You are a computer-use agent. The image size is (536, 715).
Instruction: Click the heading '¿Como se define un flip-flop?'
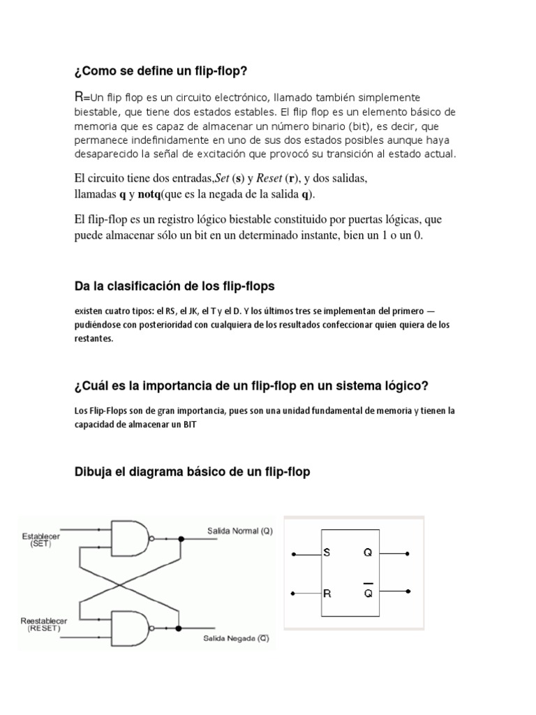tap(161, 71)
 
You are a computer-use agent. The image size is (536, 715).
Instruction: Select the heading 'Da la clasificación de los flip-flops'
tap(174, 286)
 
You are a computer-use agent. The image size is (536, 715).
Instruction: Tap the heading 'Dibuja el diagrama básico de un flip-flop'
tap(192, 472)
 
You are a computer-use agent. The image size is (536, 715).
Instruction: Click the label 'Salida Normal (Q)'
tap(239, 531)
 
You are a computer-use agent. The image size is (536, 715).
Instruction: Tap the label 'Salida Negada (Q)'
tap(237, 638)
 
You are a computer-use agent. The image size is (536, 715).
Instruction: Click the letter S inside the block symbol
tap(327, 554)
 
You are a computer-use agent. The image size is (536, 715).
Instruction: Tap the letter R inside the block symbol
tap(327, 594)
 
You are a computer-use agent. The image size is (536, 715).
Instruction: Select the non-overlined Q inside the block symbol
tap(368, 554)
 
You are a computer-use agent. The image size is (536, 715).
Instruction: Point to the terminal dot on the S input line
tap(294, 554)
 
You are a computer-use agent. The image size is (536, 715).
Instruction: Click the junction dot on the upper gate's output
tap(181, 539)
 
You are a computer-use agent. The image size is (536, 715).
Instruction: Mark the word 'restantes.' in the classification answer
tap(93, 338)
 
